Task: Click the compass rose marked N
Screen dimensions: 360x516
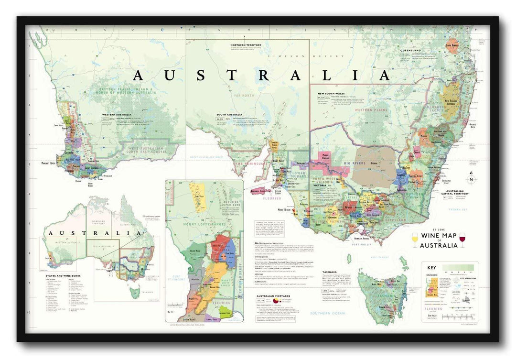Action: coord(471,180)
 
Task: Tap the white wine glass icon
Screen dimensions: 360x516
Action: coord(414,239)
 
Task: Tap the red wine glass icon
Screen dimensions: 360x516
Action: coord(462,239)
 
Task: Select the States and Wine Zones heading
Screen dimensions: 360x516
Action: coord(62,276)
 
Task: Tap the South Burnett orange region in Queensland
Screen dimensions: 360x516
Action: coord(452,46)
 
